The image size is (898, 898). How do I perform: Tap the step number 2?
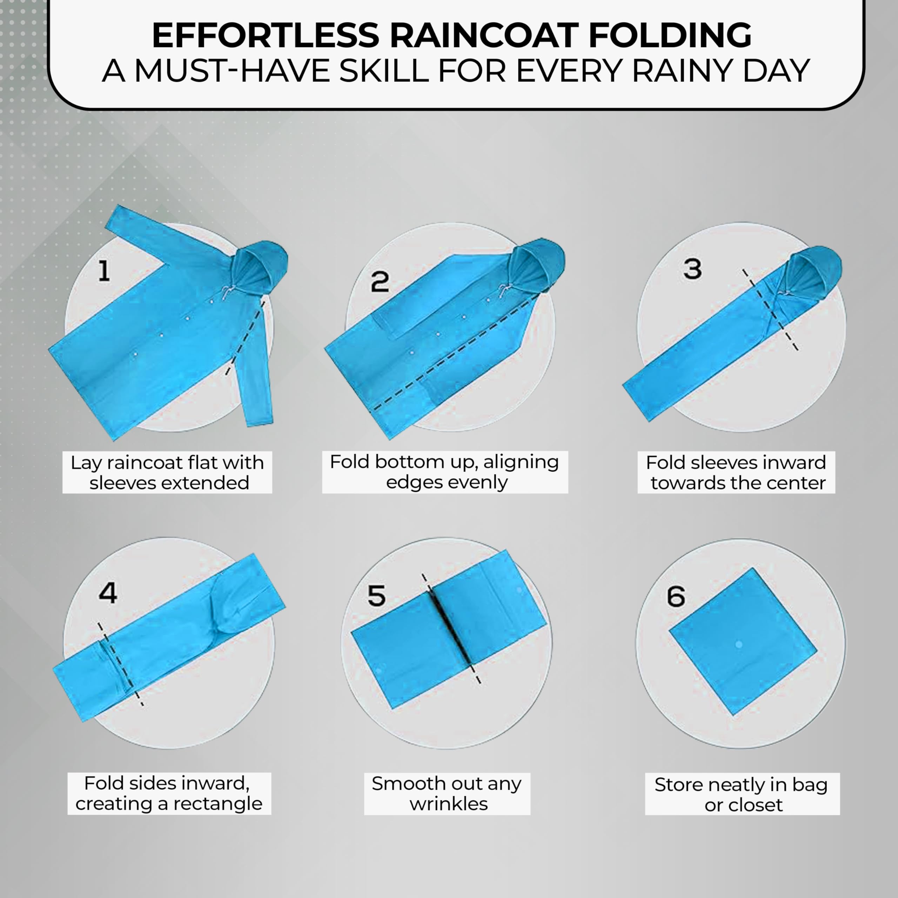tap(379, 281)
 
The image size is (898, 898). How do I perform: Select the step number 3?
tap(692, 269)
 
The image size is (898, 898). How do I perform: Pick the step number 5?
tap(376, 595)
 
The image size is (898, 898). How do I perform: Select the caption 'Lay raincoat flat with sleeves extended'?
tap(167, 472)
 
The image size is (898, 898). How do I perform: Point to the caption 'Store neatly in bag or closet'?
tap(742, 795)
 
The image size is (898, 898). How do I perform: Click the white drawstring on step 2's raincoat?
tap(503, 290)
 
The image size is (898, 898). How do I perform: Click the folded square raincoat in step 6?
tap(742, 642)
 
